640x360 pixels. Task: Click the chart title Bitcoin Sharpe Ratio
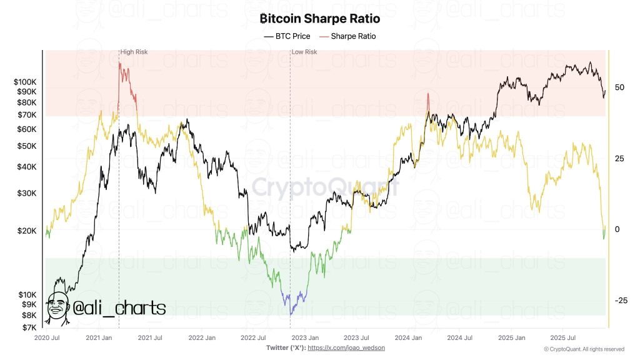tap(319, 19)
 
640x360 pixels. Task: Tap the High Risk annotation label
tap(134, 52)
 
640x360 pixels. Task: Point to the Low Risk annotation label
tap(304, 52)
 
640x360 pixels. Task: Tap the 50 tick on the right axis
tap(619, 87)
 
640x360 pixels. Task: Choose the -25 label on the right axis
tap(620, 301)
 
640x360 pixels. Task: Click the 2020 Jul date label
tap(47, 337)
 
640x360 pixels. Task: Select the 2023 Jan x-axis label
tap(304, 337)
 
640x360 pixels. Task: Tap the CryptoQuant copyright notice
tap(584, 349)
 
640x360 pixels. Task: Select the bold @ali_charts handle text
tap(119, 307)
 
